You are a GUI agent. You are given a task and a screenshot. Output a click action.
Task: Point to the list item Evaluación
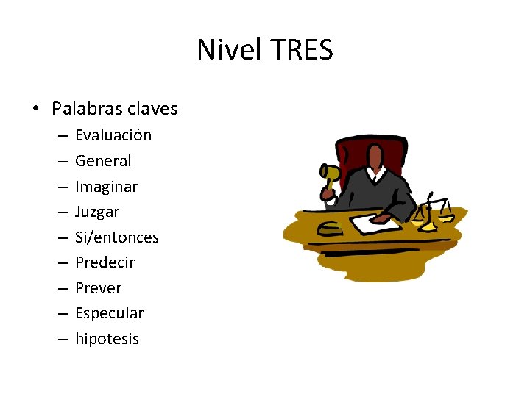[113, 135]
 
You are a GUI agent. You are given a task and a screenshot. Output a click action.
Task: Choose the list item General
[103, 161]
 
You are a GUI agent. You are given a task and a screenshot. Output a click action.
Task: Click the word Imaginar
[106, 187]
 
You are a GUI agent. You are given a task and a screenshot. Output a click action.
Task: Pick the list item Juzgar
[97, 212]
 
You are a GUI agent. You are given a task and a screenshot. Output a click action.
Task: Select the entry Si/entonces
[117, 237]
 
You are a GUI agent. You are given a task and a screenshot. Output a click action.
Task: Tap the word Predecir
[105, 262]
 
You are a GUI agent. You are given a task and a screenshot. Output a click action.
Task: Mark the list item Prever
[98, 288]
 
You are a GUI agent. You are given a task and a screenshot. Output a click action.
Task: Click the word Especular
[109, 313]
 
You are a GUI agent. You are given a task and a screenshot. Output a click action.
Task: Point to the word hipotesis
[107, 339]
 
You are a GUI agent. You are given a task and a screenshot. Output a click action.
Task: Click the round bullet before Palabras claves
[36, 110]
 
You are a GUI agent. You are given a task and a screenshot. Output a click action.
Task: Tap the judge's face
[375, 157]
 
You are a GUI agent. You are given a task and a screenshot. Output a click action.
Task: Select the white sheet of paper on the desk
[375, 223]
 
